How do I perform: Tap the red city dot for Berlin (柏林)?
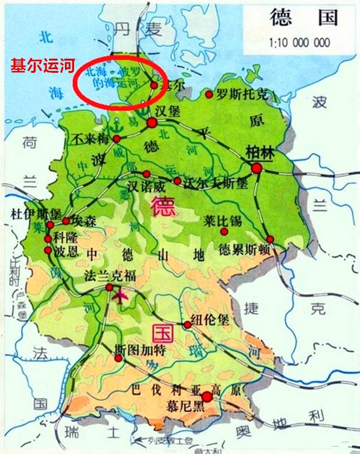257,168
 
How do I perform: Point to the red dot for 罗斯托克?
209,95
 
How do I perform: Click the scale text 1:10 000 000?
299,43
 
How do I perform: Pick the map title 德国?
303,18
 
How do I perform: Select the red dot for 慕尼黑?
207,397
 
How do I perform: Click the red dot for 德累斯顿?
269,239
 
